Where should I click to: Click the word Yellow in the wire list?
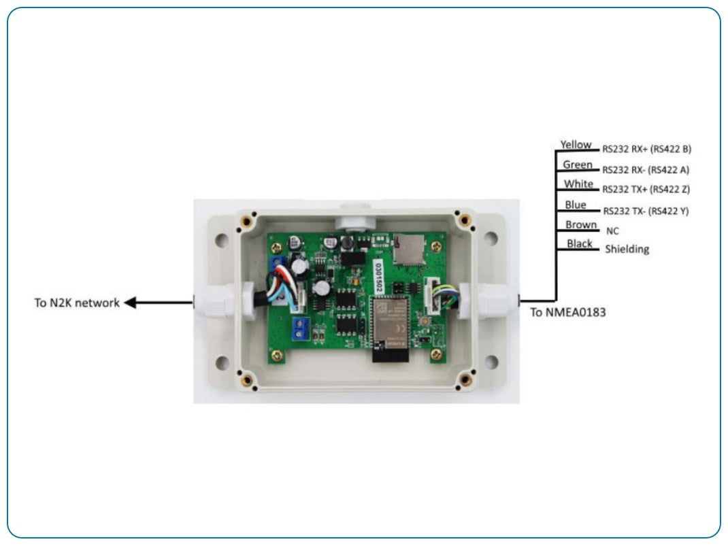tap(576, 145)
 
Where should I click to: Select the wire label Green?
tap(577, 165)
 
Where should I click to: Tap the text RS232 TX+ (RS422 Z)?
tap(646, 189)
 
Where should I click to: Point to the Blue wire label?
tap(575, 205)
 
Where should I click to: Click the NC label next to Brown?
tap(612, 231)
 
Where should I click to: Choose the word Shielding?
tap(627, 250)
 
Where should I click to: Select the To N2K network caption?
tap(77, 303)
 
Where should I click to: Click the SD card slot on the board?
tap(407, 251)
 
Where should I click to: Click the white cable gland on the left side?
tap(222, 303)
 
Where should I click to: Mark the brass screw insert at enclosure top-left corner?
tap(249, 220)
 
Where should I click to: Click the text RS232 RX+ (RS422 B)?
tap(646, 148)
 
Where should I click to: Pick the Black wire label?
tap(579, 244)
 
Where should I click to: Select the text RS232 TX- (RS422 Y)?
tap(646, 211)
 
